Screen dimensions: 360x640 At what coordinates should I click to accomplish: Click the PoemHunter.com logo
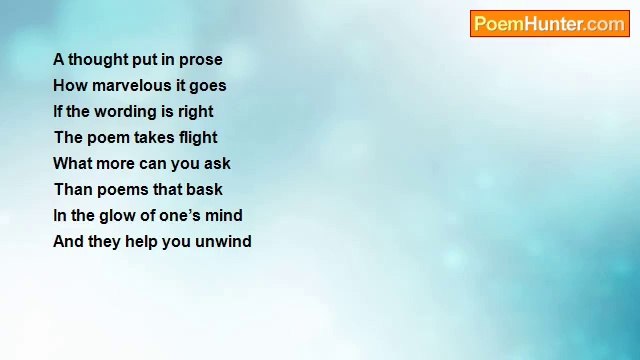tap(549, 24)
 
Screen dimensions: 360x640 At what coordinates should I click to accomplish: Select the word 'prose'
tap(200, 60)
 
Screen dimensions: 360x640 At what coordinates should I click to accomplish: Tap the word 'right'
tap(195, 112)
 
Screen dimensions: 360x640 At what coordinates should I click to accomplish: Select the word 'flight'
tap(198, 138)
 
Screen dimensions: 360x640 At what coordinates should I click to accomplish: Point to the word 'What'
tap(72, 164)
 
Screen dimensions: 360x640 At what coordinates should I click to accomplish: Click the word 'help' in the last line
tap(142, 242)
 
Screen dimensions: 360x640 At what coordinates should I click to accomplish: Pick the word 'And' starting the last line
tap(68, 242)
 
